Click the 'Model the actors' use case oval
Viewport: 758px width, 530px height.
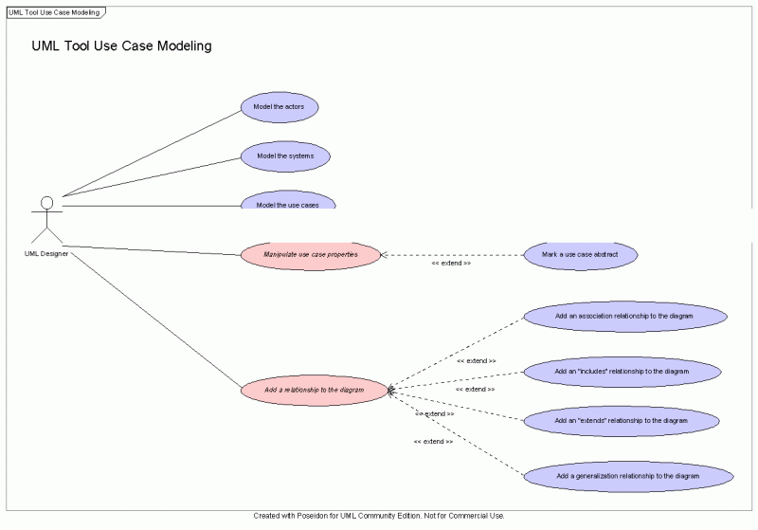point(280,107)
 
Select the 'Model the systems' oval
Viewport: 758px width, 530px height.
point(285,155)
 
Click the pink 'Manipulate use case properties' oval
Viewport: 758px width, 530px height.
point(310,254)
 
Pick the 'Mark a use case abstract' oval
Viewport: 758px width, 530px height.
point(580,254)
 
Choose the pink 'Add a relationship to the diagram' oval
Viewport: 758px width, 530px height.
point(315,390)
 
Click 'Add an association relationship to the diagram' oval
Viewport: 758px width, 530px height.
point(625,315)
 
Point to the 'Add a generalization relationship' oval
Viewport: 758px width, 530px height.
point(627,475)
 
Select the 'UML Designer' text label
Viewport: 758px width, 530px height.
point(46,253)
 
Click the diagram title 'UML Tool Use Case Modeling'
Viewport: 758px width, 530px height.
point(121,46)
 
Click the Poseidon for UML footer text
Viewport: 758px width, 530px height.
point(379,516)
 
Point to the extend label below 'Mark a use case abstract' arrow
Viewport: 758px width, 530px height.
point(451,263)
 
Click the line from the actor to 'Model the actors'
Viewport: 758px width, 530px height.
point(152,154)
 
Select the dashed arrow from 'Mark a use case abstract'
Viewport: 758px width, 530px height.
point(453,254)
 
